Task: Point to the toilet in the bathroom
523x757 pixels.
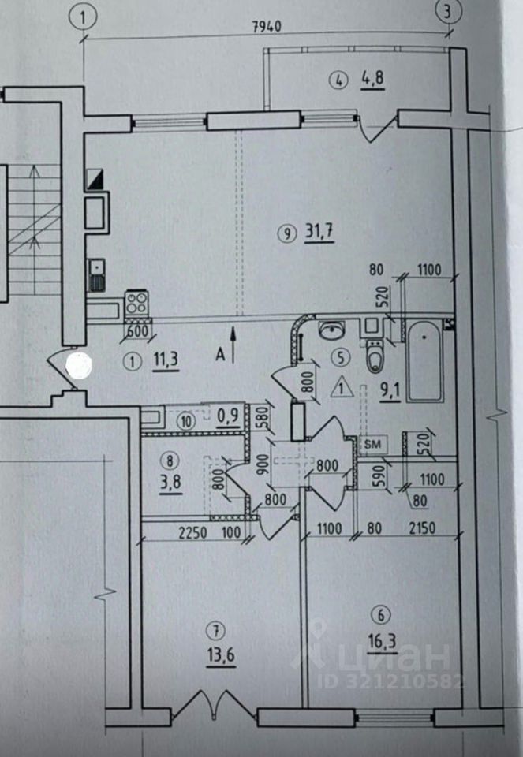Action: tap(374, 356)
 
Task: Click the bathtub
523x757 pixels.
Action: tap(425, 362)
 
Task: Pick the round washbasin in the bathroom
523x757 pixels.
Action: tap(329, 329)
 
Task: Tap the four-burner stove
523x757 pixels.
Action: tap(137, 302)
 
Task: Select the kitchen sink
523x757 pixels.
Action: tap(96, 275)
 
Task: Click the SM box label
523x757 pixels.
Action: tap(370, 445)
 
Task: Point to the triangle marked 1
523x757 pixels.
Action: tap(341, 387)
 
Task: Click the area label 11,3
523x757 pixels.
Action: tap(164, 362)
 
